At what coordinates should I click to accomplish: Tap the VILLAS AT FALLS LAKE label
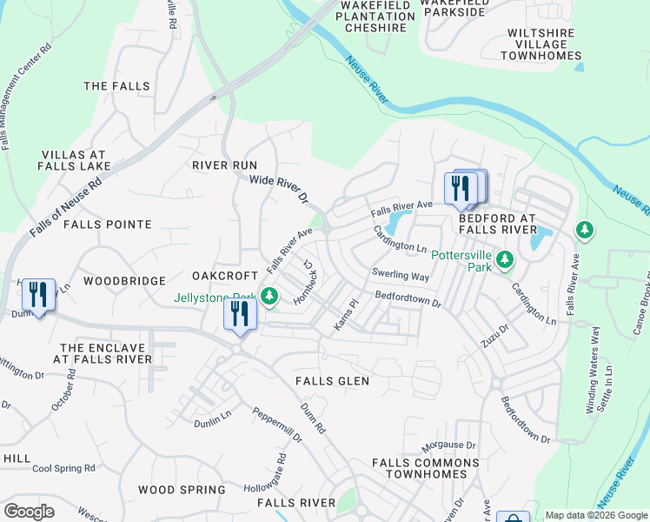pos(75,160)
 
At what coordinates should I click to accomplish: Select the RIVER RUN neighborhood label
pos(224,165)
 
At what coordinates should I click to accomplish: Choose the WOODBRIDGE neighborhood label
pos(124,281)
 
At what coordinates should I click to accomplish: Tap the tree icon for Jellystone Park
pos(270,296)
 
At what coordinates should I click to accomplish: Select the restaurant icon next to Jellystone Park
pos(239,313)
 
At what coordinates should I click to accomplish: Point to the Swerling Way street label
pos(401,276)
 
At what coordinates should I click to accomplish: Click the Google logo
pos(29,512)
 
